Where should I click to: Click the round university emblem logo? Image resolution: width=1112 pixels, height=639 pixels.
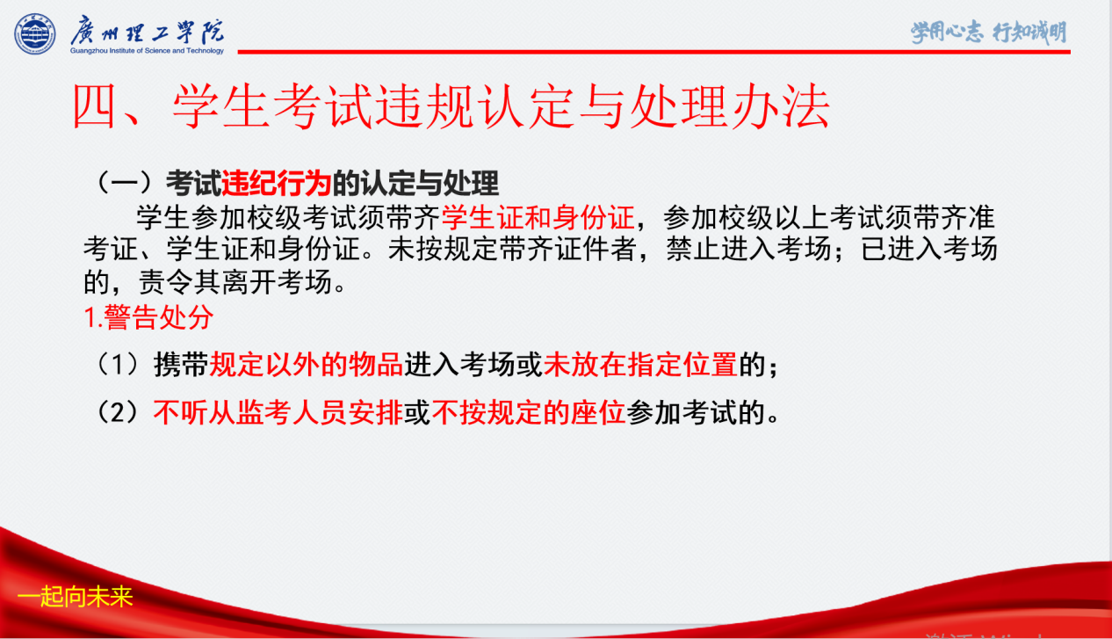(x=35, y=33)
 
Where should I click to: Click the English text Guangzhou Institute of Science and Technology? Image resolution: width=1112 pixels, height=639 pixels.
(x=147, y=51)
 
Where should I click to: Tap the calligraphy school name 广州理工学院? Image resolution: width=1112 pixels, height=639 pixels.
(x=148, y=32)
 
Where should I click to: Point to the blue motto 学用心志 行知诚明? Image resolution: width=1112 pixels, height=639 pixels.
(x=988, y=33)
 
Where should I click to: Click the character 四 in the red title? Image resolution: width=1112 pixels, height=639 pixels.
(x=95, y=106)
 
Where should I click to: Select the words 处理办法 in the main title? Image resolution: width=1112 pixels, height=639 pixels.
(x=730, y=106)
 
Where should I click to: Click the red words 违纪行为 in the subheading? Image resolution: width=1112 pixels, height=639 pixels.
(x=276, y=183)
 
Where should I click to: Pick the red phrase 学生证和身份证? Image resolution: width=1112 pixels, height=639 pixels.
(x=538, y=217)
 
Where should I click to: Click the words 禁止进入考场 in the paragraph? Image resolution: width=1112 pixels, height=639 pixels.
(x=748, y=249)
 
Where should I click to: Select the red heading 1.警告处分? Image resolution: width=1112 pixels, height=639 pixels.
(x=148, y=316)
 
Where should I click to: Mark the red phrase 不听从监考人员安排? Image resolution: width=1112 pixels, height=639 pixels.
(x=278, y=412)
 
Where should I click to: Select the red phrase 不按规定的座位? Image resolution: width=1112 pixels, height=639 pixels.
(x=529, y=412)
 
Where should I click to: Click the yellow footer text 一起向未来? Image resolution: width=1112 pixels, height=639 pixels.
(x=76, y=596)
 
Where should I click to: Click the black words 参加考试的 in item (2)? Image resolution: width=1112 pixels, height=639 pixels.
(x=696, y=412)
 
